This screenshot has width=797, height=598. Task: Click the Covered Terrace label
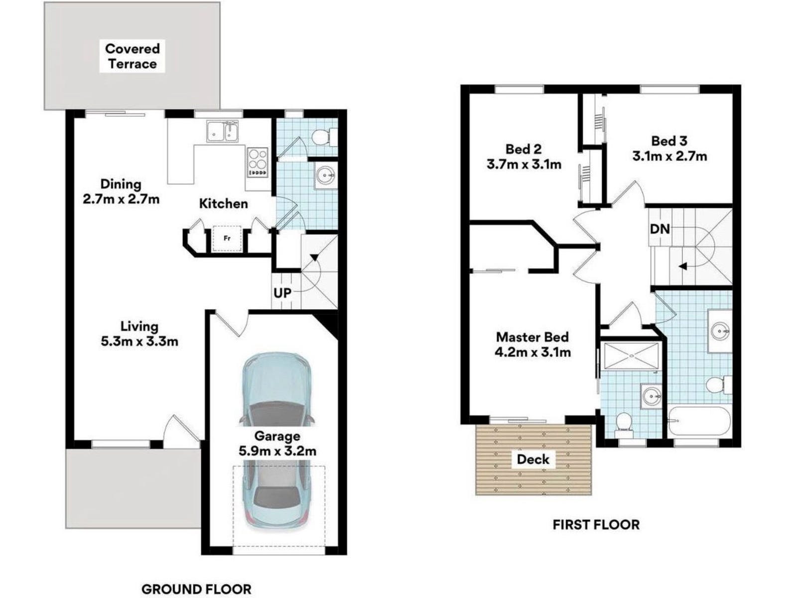133,56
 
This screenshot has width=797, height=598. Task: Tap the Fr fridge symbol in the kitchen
227,238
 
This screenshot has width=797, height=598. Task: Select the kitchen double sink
222,131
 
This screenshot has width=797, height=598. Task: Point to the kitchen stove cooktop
258,162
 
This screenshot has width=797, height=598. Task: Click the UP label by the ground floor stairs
282,293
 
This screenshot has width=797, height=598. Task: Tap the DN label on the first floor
660,229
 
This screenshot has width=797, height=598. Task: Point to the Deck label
533,459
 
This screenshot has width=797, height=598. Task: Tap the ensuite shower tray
630,356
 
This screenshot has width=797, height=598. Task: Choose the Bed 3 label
669,141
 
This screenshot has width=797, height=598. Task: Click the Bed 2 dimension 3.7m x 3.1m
524,164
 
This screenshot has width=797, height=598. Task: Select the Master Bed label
532,337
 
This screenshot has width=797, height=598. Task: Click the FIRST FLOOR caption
596,525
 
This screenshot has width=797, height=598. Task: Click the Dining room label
121,184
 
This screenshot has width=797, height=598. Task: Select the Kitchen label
224,204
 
